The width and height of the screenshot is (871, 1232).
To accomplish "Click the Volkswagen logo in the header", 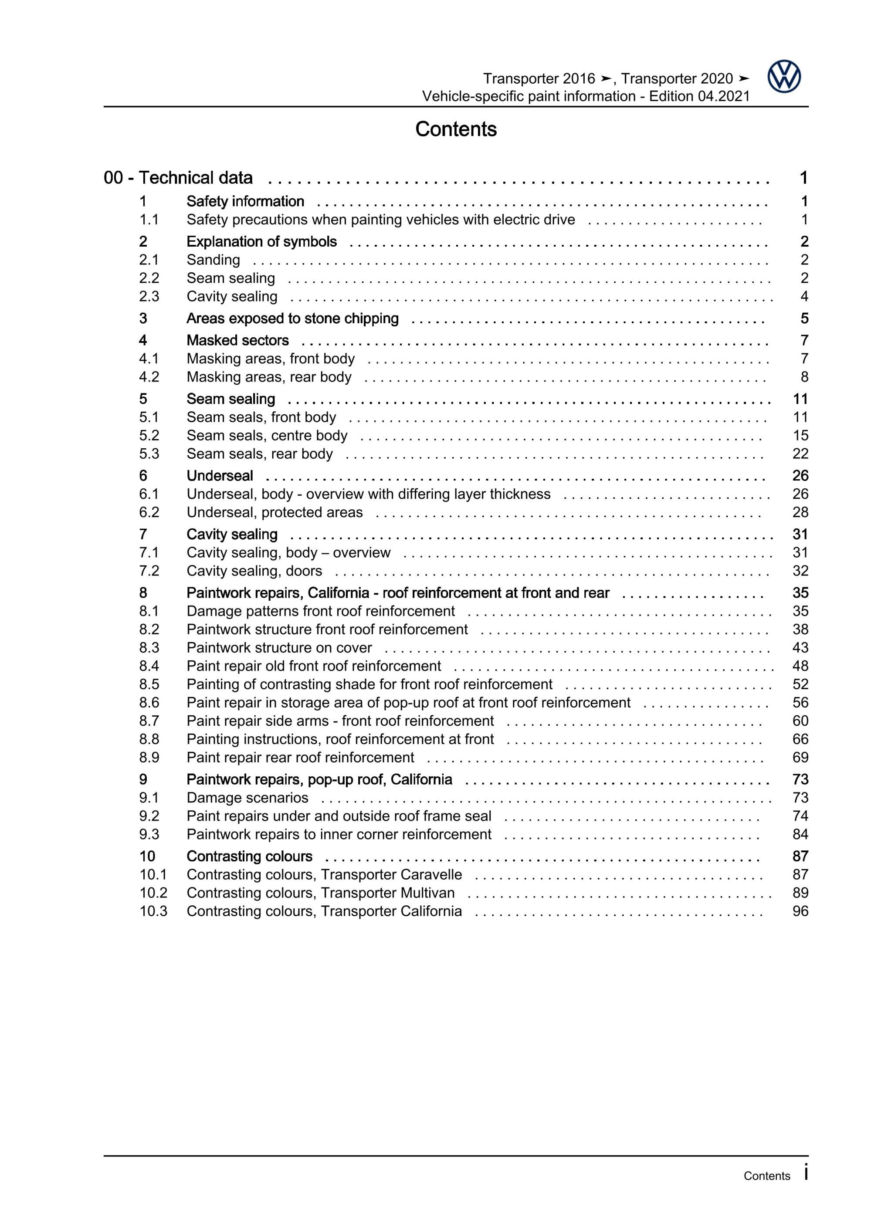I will click(783, 77).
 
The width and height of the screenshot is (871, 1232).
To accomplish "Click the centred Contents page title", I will click(456, 129).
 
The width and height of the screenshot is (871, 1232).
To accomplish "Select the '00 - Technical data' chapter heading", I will click(178, 178).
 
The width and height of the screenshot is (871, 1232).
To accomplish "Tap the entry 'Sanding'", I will click(213, 260).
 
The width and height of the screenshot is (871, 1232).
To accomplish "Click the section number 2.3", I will click(149, 296).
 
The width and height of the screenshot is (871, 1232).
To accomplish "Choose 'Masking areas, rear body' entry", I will click(269, 377).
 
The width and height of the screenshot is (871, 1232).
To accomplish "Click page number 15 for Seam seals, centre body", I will click(800, 435).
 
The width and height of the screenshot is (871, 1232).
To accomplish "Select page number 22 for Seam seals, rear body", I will click(800, 454).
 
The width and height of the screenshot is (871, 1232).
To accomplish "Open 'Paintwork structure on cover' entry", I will click(279, 648).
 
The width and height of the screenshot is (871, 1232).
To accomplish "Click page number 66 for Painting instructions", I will click(800, 739).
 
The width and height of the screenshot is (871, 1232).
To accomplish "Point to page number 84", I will click(800, 834).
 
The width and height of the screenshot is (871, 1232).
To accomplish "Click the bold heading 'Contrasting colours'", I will click(250, 856).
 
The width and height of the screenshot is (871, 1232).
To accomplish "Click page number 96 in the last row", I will click(800, 910).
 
